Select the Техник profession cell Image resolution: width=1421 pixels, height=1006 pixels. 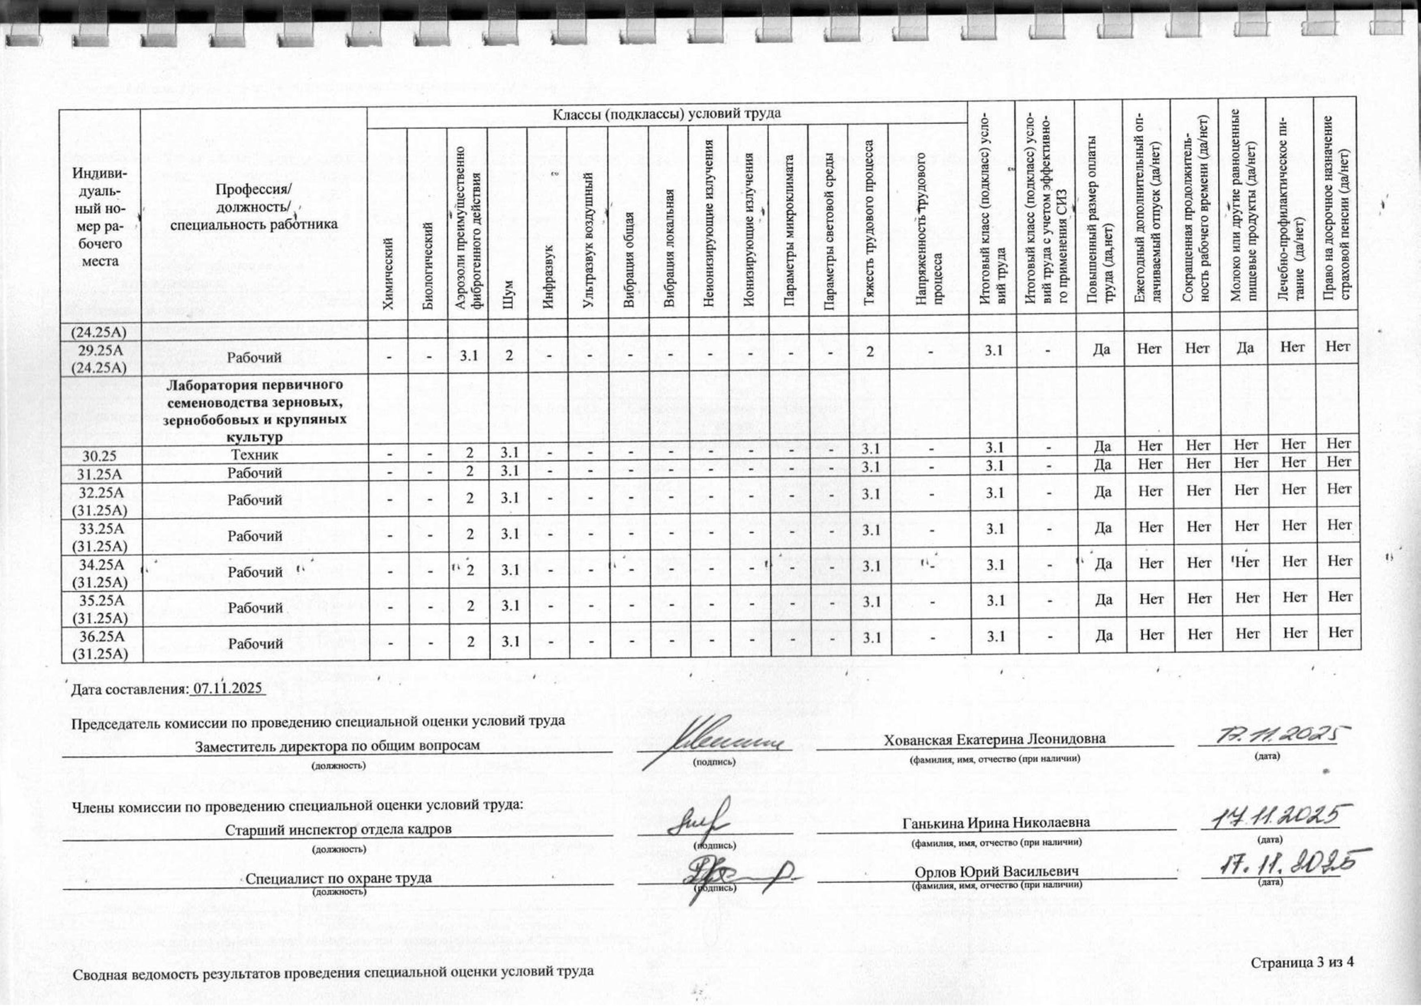click(x=255, y=455)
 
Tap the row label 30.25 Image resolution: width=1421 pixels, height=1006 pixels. click(x=100, y=456)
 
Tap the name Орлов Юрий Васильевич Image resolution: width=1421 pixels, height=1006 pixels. click(x=996, y=871)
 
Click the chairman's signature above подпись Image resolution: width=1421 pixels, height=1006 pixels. click(x=713, y=740)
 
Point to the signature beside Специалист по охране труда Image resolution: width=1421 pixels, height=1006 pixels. click(x=737, y=875)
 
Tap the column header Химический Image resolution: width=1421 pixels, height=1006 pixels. click(x=388, y=273)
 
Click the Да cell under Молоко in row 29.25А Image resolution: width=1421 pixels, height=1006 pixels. click(x=1245, y=347)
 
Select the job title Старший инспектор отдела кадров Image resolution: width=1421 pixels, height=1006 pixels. click(x=338, y=829)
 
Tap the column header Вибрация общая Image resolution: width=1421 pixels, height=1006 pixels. click(x=629, y=260)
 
